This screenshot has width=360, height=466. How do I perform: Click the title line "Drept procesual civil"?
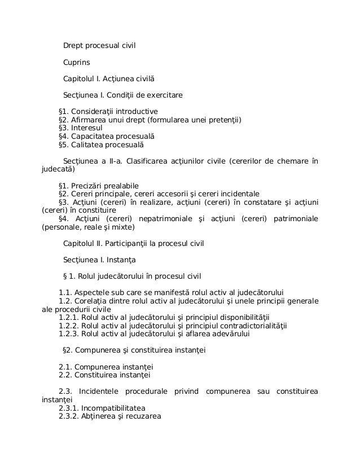[x=99, y=45]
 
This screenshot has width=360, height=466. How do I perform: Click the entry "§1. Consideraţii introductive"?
[x=108, y=111]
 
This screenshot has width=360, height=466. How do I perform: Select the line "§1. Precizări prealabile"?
[x=99, y=185]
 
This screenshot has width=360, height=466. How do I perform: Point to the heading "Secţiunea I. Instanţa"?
[x=99, y=260]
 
